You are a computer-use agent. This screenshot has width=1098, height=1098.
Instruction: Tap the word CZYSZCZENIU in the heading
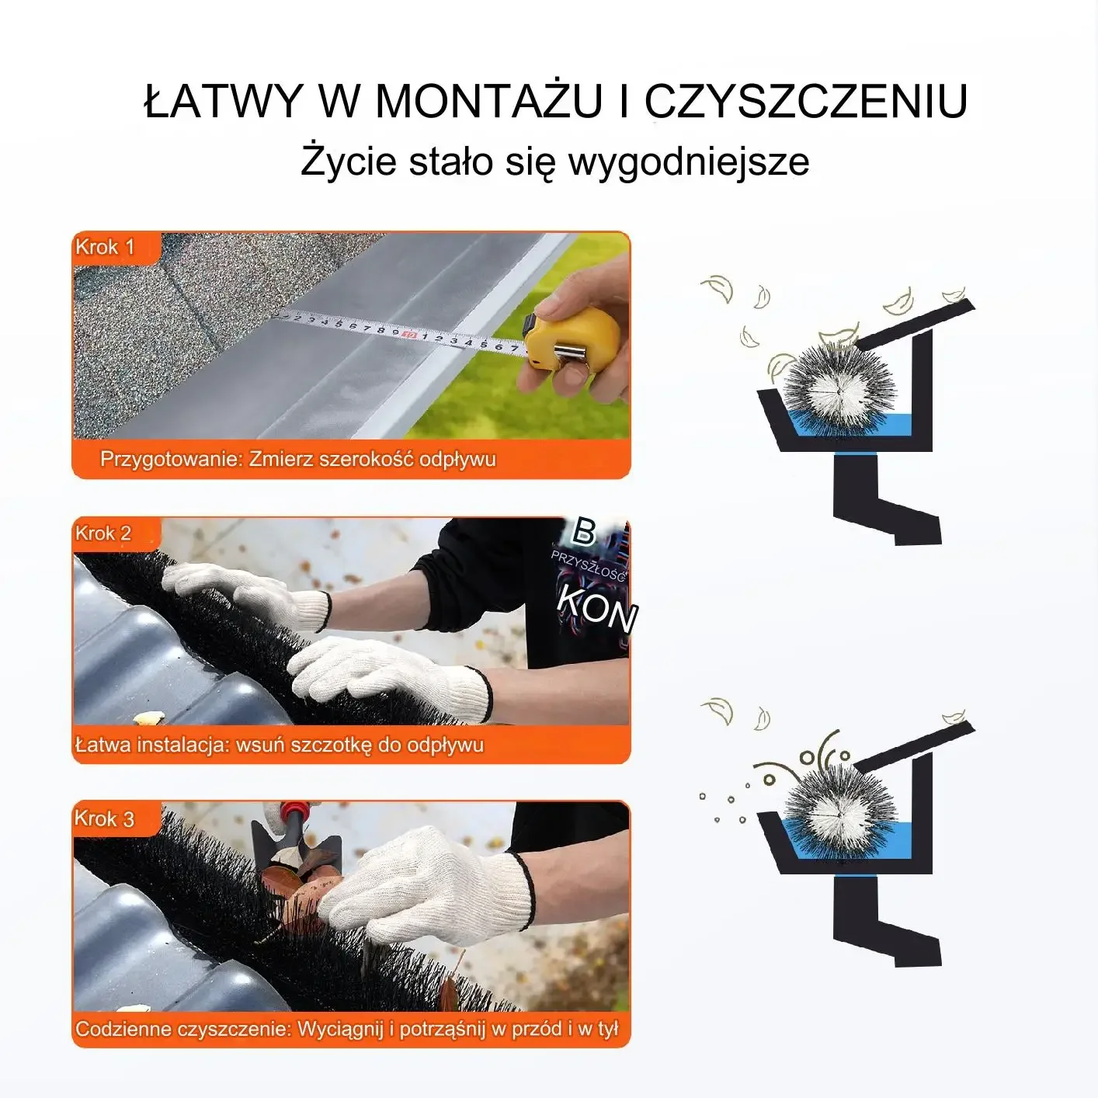[806, 101]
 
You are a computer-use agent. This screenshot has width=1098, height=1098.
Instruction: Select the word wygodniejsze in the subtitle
[689, 162]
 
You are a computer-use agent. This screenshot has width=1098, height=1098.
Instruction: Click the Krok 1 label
[105, 247]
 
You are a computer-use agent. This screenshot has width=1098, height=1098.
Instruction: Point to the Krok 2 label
[103, 533]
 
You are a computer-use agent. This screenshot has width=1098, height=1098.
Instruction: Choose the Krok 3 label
[104, 818]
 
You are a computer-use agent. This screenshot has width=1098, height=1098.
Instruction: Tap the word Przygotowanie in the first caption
[172, 459]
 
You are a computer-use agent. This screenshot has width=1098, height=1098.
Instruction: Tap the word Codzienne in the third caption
[123, 1030]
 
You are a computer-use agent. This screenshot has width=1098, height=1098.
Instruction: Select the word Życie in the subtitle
[349, 162]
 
